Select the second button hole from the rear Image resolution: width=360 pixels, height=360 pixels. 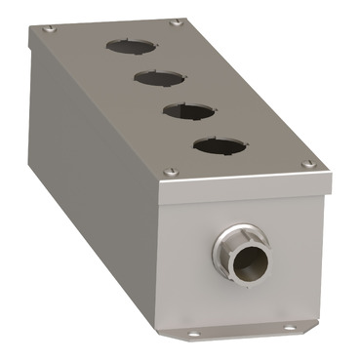coord(154,77)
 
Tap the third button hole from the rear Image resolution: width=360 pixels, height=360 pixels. coord(183,110)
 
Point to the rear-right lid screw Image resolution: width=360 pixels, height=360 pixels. coord(175,21)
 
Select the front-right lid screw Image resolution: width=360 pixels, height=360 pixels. coord(308,163)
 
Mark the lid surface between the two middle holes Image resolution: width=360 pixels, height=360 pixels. coord(169,94)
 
